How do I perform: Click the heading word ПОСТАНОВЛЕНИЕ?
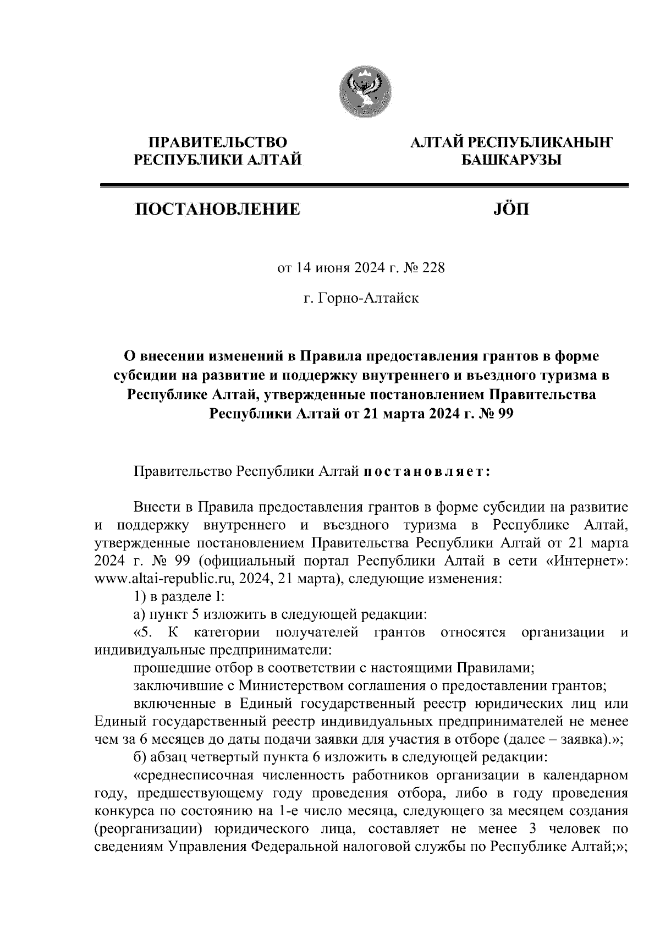pos(218,210)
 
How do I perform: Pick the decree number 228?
pos(432,269)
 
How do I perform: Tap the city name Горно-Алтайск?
pos(367,299)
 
